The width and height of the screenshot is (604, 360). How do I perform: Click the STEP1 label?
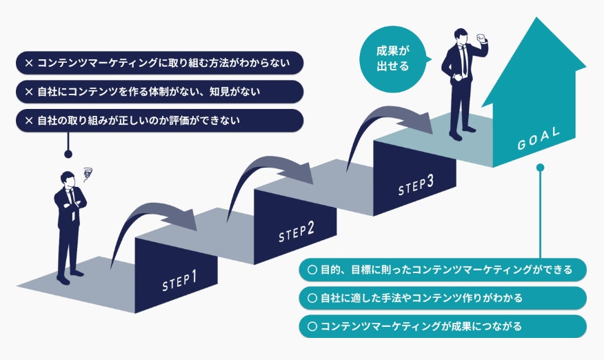click(x=180, y=279)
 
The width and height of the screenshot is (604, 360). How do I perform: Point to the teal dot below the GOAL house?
click(x=541, y=168)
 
